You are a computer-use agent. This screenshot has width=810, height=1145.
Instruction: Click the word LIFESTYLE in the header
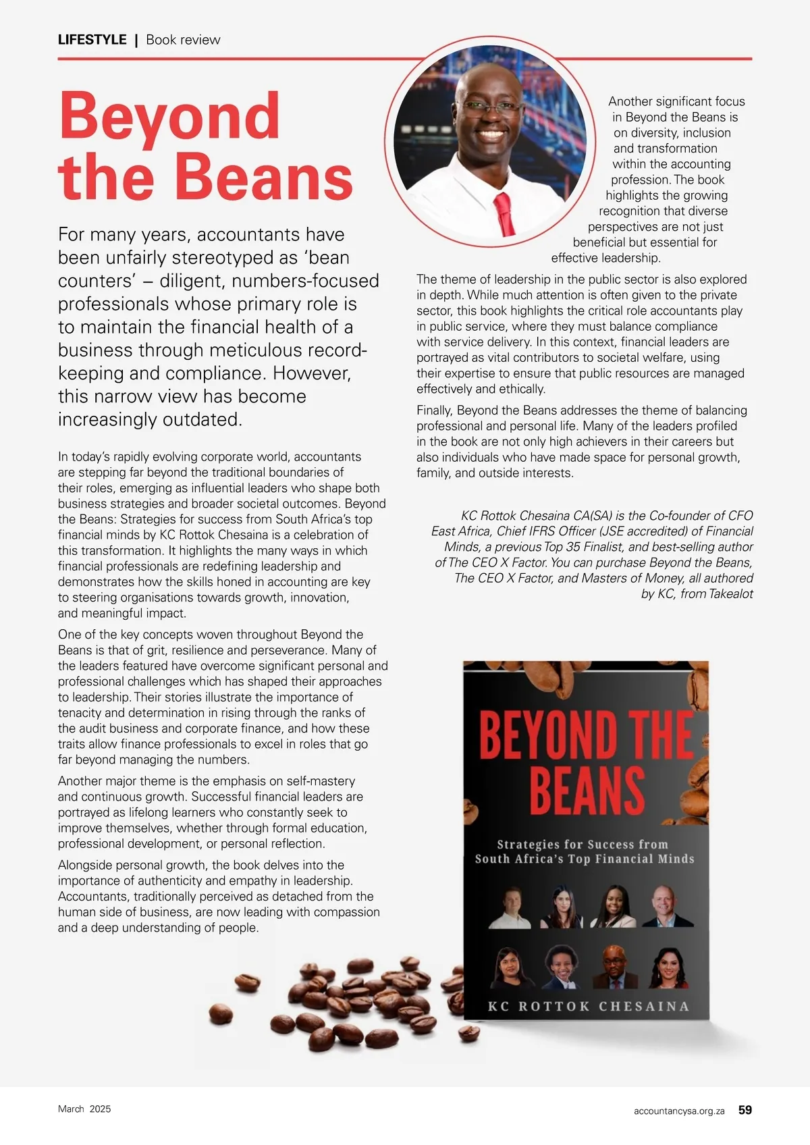92,40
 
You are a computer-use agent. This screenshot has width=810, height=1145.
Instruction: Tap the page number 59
745,1110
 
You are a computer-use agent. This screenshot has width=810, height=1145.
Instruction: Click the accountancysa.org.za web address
679,1111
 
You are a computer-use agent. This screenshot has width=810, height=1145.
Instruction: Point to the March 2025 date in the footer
84,1109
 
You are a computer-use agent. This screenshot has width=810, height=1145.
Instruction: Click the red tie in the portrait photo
503,212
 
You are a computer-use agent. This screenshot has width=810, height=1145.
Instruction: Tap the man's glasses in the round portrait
491,106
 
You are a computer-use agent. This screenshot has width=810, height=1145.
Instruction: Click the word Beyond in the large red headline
169,116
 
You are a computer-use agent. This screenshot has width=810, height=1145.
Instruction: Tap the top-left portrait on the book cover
510,907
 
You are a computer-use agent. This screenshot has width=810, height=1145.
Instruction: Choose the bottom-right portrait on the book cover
668,967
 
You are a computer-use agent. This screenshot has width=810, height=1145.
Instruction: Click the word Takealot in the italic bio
731,594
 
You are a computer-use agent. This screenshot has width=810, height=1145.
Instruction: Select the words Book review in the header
183,40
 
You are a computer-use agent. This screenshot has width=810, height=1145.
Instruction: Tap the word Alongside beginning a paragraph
87,866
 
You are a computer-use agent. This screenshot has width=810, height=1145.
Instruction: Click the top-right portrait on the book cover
668,907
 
